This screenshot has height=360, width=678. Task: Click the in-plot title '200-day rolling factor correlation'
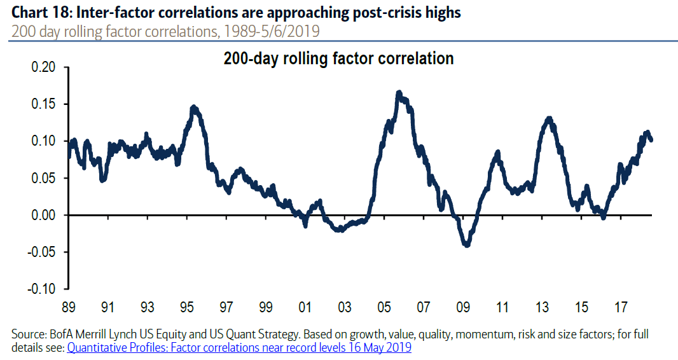[338, 59]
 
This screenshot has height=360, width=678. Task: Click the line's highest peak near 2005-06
[399, 93]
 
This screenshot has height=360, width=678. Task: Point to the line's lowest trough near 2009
[468, 245]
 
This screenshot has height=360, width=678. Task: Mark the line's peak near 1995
[193, 107]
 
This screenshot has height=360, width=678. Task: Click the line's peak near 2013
[549, 118]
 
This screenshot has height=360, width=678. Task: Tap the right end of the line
[651, 139]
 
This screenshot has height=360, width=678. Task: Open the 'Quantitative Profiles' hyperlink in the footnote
[239, 347]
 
